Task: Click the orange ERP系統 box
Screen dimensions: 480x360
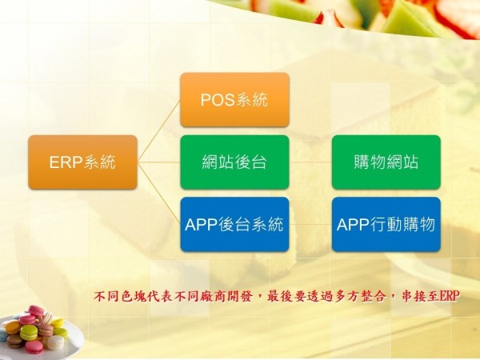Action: coord(82,162)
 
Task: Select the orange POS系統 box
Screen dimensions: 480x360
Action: coord(234,99)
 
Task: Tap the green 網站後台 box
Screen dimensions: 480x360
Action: coord(234,162)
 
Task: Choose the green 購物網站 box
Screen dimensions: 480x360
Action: coord(386,162)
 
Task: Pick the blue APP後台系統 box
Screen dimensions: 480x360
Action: coord(234,224)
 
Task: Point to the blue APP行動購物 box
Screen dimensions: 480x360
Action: coord(386,224)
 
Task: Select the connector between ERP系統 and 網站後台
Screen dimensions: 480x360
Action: coord(158,162)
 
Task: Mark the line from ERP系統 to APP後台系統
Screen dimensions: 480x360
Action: coord(158,193)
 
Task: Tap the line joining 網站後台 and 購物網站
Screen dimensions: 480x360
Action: coord(310,162)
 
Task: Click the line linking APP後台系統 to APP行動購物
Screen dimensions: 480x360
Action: coord(310,224)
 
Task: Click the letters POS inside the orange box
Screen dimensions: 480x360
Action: coord(218,99)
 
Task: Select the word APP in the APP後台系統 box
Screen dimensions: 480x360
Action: coord(202,224)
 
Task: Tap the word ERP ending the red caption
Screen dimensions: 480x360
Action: coord(450,296)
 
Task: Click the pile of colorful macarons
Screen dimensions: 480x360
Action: coord(34,329)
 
